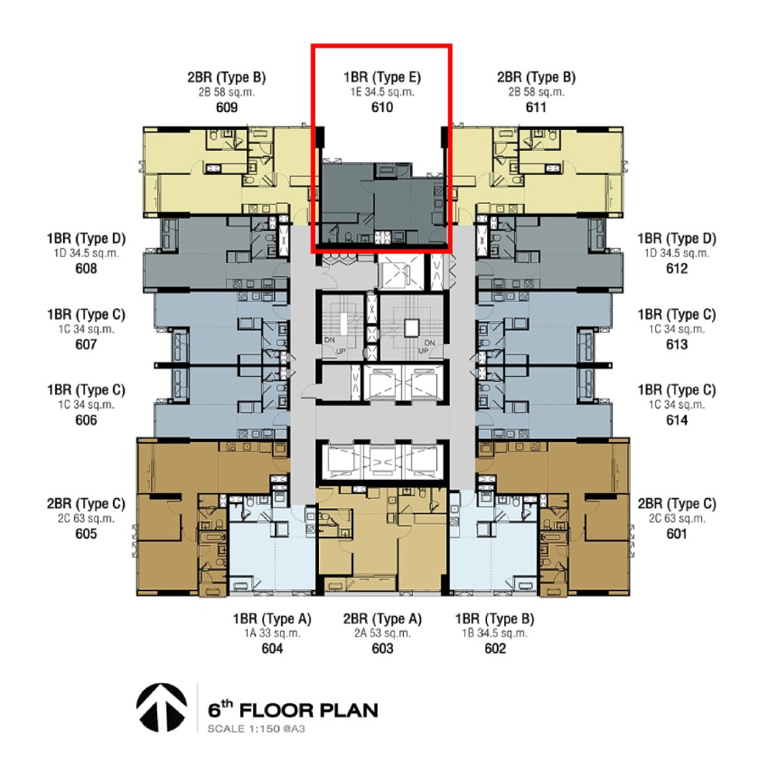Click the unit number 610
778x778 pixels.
pos(382,107)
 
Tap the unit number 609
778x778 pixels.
pos(226,107)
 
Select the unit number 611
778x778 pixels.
pos(536,107)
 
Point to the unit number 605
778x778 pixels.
pos(86,534)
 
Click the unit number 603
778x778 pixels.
pos(382,649)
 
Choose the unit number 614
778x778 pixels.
pos(677,420)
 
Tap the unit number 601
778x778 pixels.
pos(677,534)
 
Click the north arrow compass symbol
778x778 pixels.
pos(162,707)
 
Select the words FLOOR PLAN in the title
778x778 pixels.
pos(309,710)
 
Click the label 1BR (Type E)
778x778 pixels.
pos(382,77)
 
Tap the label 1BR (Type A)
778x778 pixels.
pos(272,619)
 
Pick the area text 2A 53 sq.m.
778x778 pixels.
pos(382,633)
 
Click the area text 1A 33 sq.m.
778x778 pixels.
pos(272,633)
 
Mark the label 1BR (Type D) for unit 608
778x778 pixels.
pos(86,239)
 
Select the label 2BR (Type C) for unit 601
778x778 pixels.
pos(677,504)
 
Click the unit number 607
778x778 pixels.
pos(86,345)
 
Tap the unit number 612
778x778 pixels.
pos(677,268)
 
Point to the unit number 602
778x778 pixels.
pos(495,649)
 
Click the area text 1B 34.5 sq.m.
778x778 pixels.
pos(495,633)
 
